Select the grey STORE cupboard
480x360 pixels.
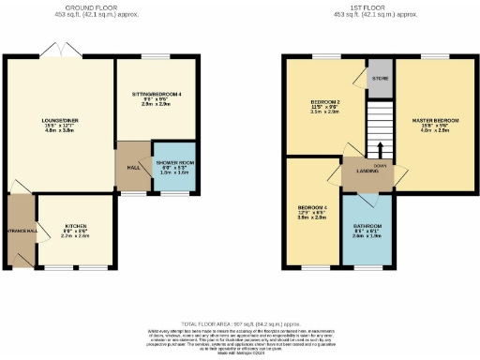tap(380, 78)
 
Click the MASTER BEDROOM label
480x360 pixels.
tap(434, 121)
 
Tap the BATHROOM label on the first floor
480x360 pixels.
tap(367, 226)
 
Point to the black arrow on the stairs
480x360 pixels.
tap(380, 148)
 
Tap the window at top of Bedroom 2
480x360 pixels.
tap(323, 57)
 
